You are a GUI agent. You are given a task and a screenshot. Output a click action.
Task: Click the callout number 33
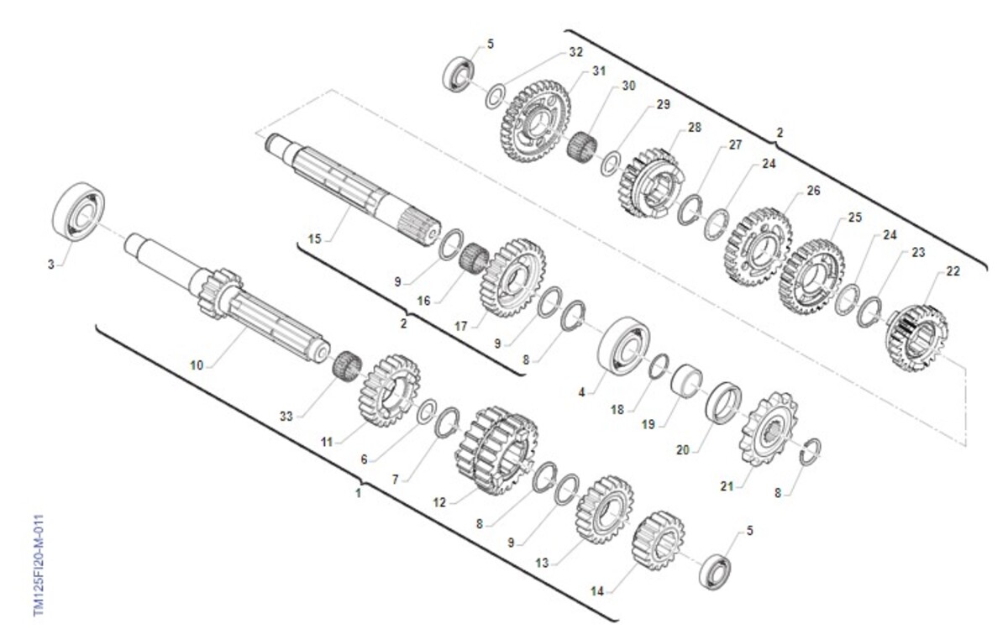pos(286,417)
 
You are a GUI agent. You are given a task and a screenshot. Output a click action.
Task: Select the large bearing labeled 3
pos(79,212)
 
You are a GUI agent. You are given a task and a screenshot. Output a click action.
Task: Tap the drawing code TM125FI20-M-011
pos(39,565)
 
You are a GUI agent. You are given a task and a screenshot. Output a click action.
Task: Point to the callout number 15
pos(314,239)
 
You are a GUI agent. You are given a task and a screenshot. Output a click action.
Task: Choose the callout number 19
pos(648,424)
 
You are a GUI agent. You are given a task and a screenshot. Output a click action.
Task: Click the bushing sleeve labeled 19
pos(686,381)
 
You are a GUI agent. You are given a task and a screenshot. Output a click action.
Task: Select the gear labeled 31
pos(536,121)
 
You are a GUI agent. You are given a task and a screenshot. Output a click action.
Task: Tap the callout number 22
pos(953,271)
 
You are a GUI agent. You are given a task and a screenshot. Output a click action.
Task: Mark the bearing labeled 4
pos(624,344)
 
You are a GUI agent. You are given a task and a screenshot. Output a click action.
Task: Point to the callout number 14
pos(596,591)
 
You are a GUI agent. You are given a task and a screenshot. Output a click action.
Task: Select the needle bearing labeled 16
pos(474,260)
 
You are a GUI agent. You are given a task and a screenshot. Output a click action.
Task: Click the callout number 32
pos(575,52)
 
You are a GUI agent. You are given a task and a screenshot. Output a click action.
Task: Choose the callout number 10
pos(197,365)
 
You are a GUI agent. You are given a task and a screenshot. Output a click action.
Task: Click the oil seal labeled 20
pos(723,402)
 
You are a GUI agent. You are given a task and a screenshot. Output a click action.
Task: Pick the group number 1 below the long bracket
pos(358,493)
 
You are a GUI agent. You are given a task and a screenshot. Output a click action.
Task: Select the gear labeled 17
pos(513,278)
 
